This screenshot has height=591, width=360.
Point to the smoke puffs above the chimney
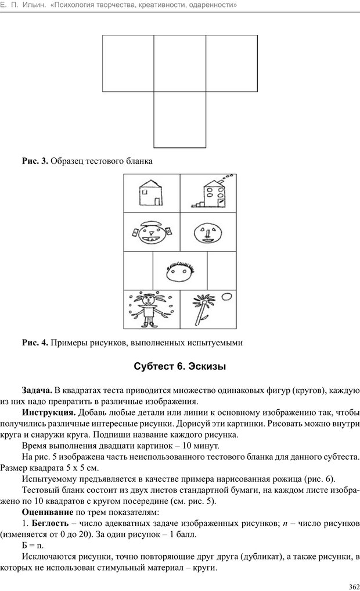pyautogui.click(x=228, y=176)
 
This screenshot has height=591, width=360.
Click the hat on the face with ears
pyautogui.click(x=150, y=222)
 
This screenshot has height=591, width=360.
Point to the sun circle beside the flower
pyautogui.click(x=227, y=297)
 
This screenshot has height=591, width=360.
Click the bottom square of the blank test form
pyautogui.click(x=180, y=120)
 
